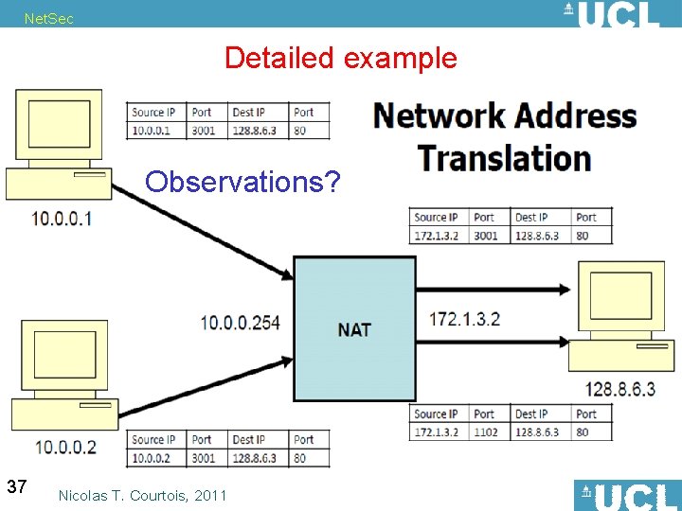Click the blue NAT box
[354, 328]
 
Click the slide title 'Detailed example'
[340, 58]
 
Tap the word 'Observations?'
[242, 181]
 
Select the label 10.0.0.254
[240, 323]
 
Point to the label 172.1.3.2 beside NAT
[465, 319]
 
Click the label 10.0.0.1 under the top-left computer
[62, 219]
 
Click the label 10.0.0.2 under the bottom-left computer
[65, 447]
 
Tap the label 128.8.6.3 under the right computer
[619, 389]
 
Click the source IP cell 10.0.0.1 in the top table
[152, 131]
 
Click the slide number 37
[16, 486]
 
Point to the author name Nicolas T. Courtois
[142, 495]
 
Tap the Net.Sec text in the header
[48, 19]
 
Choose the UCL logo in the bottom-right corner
[627, 496]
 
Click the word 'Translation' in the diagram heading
[504, 157]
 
